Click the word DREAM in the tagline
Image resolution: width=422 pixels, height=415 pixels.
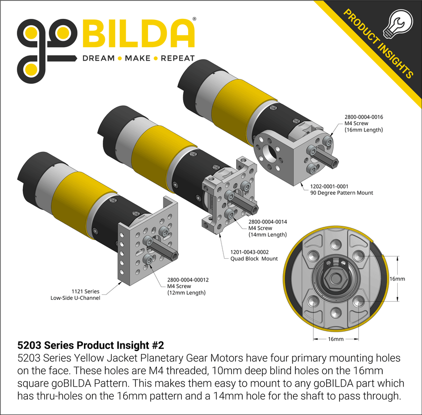click(96, 59)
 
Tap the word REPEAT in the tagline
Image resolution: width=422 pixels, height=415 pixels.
click(177, 59)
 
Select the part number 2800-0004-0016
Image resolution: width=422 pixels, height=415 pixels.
click(364, 117)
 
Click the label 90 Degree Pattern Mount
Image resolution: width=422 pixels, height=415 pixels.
click(342, 193)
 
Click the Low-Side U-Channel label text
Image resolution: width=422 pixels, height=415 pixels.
click(75, 298)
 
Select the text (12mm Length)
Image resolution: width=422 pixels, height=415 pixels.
click(186, 293)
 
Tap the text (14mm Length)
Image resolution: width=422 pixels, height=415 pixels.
click(268, 234)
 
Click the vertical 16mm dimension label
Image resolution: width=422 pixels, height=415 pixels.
click(397, 279)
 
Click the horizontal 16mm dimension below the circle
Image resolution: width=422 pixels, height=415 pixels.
click(336, 339)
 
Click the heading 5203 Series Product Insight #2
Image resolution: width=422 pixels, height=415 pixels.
click(90, 345)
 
